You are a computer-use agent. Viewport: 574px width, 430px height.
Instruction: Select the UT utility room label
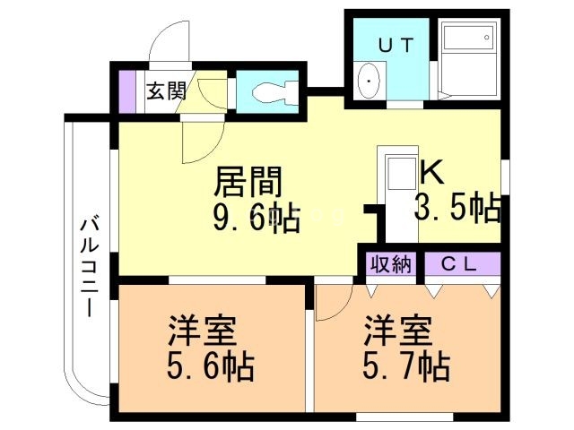point(394,45)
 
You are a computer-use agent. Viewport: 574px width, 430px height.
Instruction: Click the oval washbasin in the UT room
point(367,83)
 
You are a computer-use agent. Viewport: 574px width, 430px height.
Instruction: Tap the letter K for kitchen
point(430,170)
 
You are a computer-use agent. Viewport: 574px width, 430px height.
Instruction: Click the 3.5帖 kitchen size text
point(456,208)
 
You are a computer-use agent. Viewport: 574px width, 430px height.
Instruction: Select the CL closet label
point(461,264)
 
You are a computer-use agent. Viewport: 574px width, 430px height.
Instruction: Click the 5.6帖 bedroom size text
point(211,365)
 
